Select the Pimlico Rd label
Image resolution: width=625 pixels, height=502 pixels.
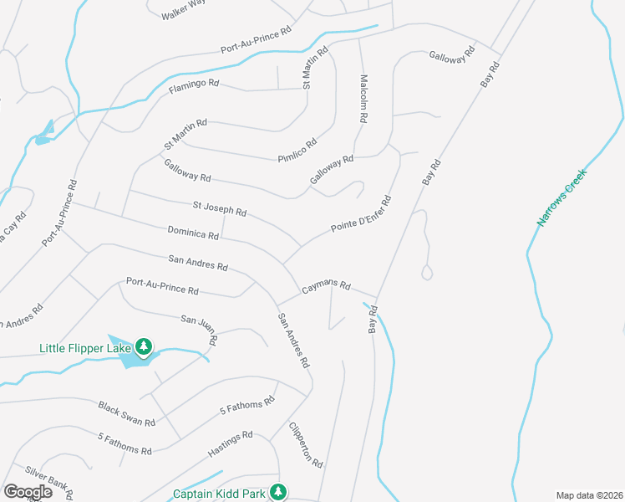tap(297, 151)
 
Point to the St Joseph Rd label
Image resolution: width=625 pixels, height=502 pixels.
tap(219, 207)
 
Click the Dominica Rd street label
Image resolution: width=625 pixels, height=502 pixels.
tap(193, 231)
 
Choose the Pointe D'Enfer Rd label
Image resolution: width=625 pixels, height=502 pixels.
tap(361, 215)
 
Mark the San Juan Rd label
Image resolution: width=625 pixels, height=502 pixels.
tap(200, 328)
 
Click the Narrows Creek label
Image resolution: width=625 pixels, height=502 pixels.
tap(562, 197)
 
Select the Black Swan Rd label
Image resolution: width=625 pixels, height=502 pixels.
tap(127, 412)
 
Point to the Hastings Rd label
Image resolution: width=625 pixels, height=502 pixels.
tap(231, 445)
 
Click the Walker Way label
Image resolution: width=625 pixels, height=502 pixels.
tap(184, 8)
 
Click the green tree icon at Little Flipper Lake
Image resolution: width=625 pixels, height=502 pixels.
tap(144, 346)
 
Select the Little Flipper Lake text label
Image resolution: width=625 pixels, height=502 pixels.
tap(86, 347)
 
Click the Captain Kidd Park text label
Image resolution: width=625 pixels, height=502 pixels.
tap(220, 494)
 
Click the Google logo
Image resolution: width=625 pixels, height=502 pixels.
tap(28, 491)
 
